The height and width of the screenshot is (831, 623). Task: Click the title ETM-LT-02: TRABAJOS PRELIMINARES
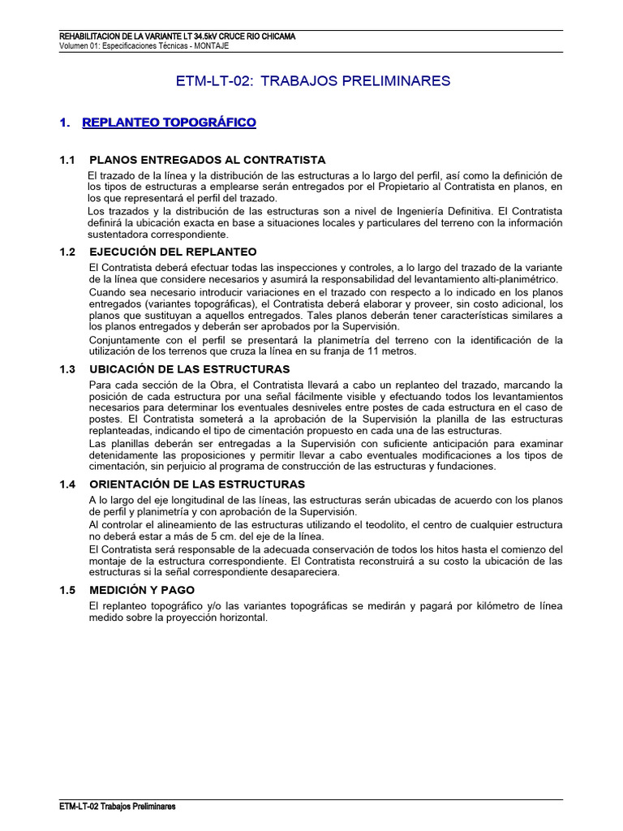[312, 81]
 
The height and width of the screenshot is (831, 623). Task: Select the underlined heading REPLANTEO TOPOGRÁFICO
[169, 123]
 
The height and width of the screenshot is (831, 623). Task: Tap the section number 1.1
[67, 159]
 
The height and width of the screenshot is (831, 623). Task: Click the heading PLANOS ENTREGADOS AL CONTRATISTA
[207, 159]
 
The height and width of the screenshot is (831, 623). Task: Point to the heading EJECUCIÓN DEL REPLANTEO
[173, 252]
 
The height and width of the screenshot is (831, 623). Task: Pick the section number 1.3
[67, 368]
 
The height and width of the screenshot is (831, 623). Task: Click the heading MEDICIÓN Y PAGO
[143, 590]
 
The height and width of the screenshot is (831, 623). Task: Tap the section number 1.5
[67, 590]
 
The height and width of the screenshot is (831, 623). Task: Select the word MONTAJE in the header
[212, 46]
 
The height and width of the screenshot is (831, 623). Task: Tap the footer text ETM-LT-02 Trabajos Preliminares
[118, 807]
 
